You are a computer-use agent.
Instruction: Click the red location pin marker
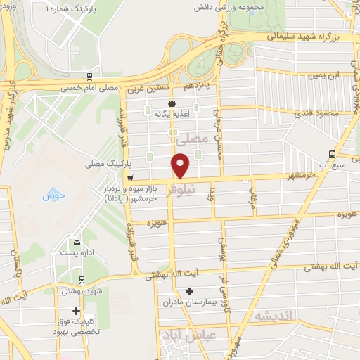(181, 166)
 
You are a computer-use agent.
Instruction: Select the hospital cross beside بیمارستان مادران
(188, 291)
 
